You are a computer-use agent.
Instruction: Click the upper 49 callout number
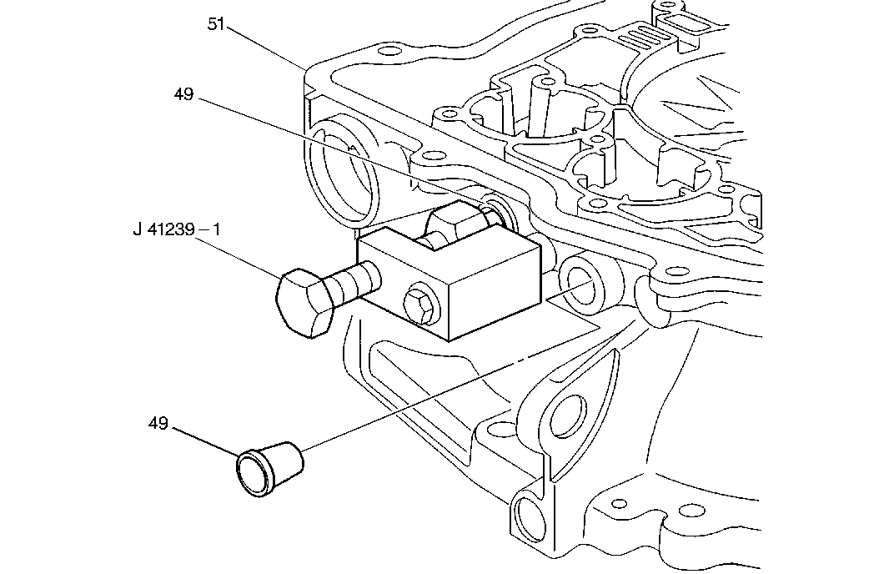(x=183, y=94)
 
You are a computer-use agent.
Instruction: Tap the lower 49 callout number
(x=158, y=424)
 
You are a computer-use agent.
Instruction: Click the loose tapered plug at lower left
(x=269, y=469)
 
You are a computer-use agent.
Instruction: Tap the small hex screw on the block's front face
(x=419, y=306)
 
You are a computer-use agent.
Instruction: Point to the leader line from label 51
(x=267, y=50)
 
